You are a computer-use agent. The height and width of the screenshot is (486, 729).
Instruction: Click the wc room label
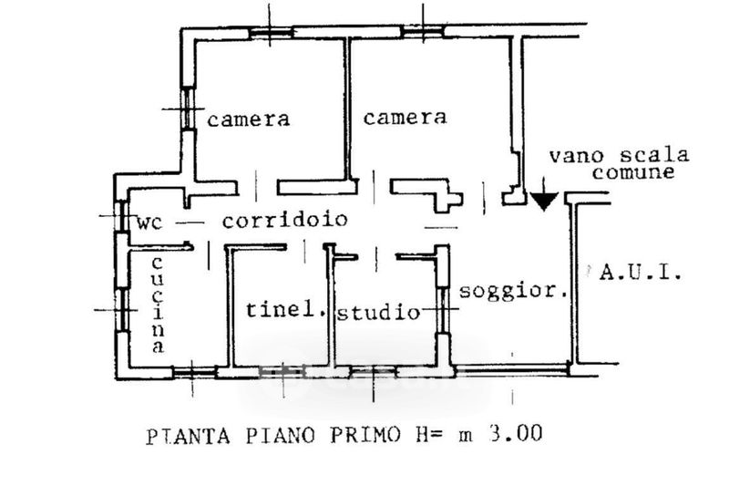[149, 222]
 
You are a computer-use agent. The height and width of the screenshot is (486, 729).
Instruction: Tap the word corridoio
[285, 219]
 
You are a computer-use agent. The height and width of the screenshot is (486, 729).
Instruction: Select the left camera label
[248, 119]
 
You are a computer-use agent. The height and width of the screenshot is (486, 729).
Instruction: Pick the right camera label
[405, 118]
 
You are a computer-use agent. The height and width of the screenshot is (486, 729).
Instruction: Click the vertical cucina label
[158, 305]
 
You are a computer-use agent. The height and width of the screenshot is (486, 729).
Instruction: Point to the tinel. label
[285, 309]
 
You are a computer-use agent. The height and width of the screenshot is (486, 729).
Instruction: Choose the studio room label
[378, 312]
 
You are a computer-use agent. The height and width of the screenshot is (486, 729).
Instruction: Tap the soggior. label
[513, 292]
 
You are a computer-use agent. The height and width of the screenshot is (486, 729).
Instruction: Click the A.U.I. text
[642, 272]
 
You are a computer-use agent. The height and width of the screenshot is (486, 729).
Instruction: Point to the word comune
[633, 172]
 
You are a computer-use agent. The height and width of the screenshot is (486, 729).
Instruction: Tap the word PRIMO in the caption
[365, 435]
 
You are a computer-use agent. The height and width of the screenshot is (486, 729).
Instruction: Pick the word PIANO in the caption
[281, 436]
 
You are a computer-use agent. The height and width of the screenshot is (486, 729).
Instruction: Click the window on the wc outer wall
[122, 216]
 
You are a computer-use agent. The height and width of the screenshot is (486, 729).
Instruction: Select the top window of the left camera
[271, 32]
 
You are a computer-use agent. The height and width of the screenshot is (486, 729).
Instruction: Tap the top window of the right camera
[423, 31]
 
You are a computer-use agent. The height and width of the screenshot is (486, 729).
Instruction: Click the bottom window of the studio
[373, 372]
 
